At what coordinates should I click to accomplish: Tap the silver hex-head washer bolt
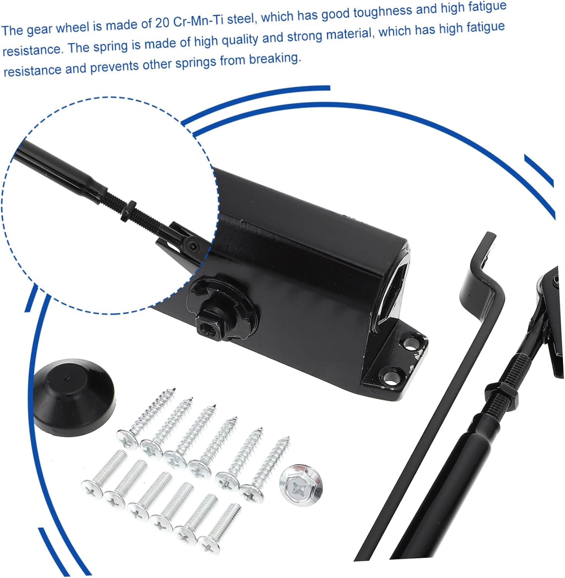pyautogui.click(x=301, y=485)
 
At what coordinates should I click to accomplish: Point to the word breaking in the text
pyautogui.click(x=274, y=59)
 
